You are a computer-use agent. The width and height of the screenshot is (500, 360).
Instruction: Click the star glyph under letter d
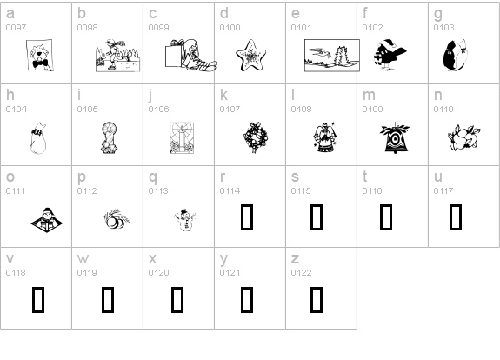click(251, 55)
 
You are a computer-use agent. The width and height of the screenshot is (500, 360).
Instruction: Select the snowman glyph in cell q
click(186, 220)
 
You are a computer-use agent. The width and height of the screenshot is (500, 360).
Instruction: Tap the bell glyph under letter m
click(395, 137)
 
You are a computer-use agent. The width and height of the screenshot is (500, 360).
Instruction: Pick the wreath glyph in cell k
click(255, 137)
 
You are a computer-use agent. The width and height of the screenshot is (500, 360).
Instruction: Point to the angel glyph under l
click(324, 137)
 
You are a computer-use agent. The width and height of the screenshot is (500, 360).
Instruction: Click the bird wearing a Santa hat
click(390, 55)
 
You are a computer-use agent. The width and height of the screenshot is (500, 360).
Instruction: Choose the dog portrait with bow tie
click(39, 55)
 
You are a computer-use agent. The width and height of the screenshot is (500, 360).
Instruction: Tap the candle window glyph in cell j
click(182, 137)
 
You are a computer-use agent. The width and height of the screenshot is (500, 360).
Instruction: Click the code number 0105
click(87, 109)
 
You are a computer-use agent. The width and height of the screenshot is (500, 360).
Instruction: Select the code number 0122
click(301, 273)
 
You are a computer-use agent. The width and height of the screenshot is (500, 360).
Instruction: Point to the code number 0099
click(158, 28)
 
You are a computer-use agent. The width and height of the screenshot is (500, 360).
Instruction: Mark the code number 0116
click(372, 191)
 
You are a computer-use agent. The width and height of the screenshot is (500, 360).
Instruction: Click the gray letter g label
click(438, 14)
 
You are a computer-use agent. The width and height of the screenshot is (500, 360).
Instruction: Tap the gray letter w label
click(83, 258)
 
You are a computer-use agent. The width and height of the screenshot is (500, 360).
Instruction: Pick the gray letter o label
click(10, 177)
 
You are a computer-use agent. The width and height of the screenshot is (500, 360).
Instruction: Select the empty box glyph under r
click(247, 217)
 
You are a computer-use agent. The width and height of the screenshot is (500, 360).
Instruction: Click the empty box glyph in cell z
click(317, 300)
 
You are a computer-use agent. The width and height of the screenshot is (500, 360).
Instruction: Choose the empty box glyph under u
click(456, 217)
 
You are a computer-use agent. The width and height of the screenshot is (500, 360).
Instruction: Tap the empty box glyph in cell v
click(38, 300)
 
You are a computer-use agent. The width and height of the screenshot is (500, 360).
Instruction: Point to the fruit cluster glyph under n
click(464, 137)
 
